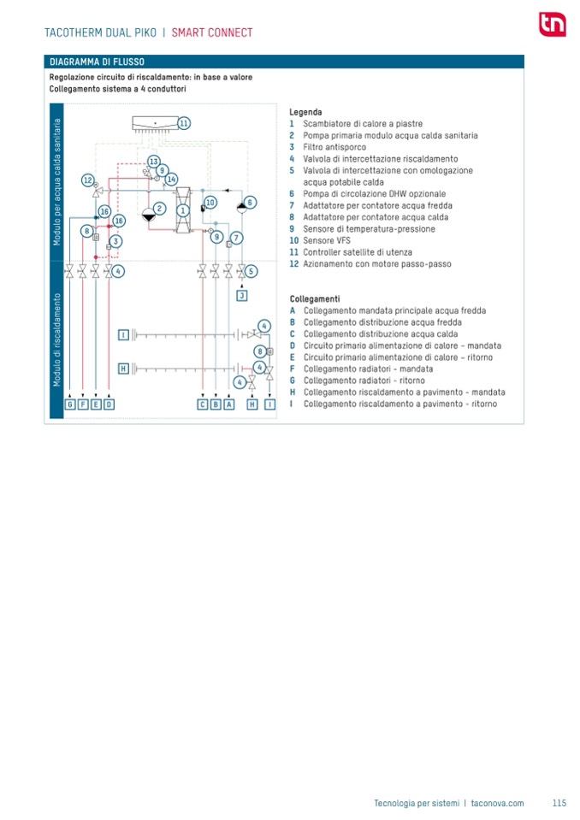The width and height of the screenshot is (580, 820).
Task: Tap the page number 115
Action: (x=559, y=803)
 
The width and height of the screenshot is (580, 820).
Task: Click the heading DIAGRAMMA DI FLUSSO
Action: (x=97, y=62)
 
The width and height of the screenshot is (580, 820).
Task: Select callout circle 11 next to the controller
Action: (x=184, y=123)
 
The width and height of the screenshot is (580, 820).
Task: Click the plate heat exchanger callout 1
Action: (x=181, y=209)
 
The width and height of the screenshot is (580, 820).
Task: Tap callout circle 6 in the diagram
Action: (x=250, y=203)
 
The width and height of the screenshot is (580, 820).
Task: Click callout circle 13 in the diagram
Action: (x=154, y=162)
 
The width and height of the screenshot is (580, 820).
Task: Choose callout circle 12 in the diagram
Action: (x=88, y=180)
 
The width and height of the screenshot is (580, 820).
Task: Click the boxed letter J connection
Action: (x=242, y=295)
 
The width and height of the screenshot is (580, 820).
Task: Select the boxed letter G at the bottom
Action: (x=70, y=404)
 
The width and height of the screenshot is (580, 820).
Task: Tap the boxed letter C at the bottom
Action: (x=203, y=404)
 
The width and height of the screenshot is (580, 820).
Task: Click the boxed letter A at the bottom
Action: (x=229, y=404)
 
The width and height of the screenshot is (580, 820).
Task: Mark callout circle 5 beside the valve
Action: (x=251, y=271)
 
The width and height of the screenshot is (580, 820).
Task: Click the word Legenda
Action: (x=305, y=112)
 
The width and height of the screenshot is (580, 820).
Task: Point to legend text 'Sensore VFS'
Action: (x=326, y=241)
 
